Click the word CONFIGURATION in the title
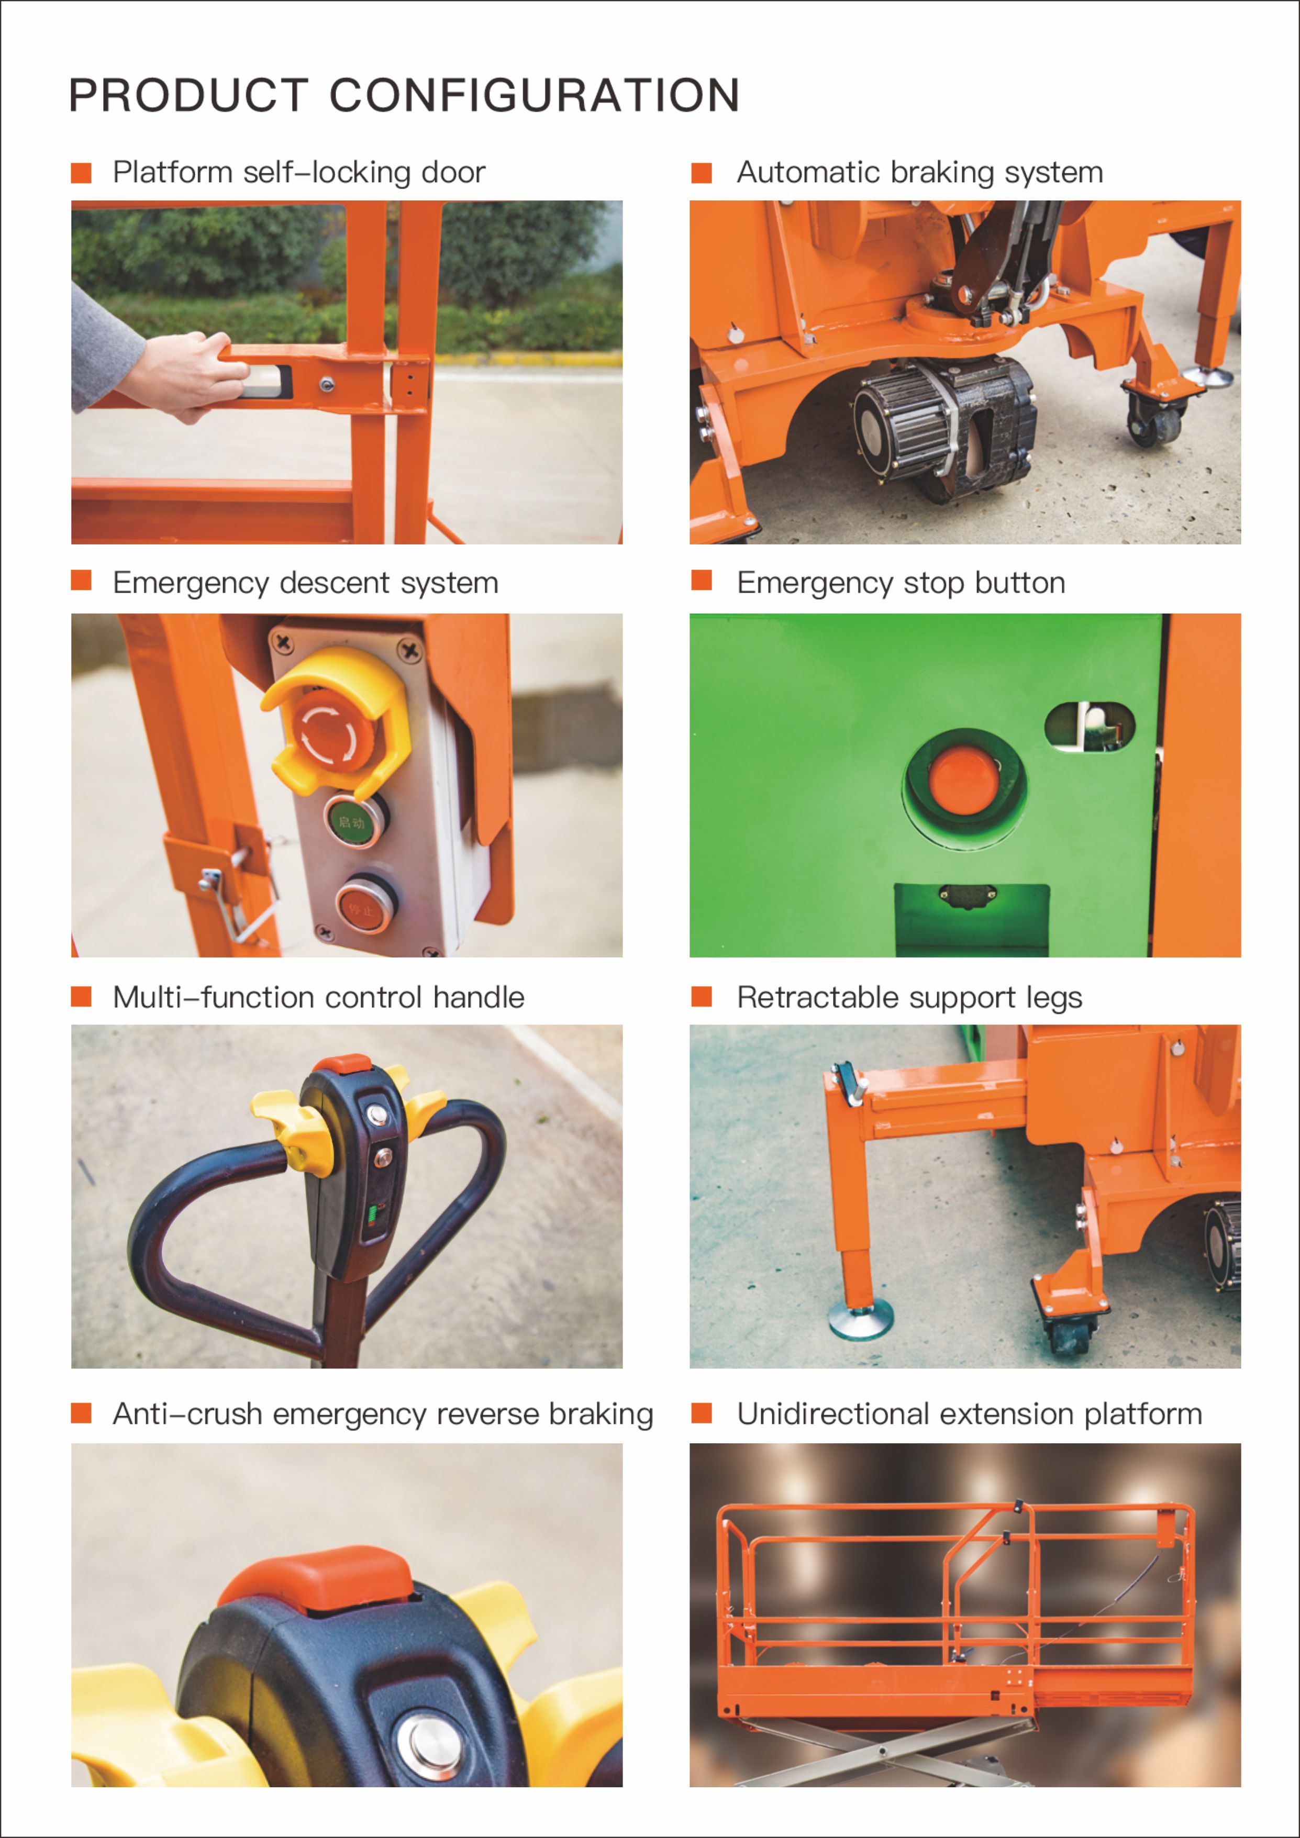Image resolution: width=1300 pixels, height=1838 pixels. pyautogui.click(x=535, y=96)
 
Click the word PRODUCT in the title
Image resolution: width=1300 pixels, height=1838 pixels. pyautogui.click(x=189, y=96)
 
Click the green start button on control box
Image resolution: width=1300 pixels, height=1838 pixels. pyautogui.click(x=352, y=820)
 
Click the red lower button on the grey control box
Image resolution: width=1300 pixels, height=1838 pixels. pyautogui.click(x=363, y=907)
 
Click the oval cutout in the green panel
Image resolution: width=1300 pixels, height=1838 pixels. pyautogui.click(x=1090, y=726)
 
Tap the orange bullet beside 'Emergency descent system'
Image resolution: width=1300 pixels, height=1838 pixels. pyautogui.click(x=81, y=581)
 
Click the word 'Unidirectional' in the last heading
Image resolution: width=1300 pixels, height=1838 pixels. pyautogui.click(x=832, y=1414)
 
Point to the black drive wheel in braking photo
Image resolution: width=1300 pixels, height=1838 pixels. pyautogui.click(x=945, y=424)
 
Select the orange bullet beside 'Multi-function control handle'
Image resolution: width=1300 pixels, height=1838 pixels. pyautogui.click(x=81, y=996)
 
